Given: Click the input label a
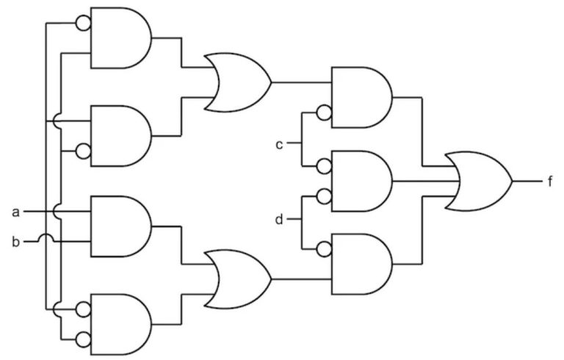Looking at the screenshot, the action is [x=15, y=212].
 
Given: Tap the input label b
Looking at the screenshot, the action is [x=15, y=242].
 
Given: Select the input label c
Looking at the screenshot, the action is [x=279, y=144].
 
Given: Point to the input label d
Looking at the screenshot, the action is [x=279, y=219].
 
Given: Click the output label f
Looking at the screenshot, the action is [x=549, y=181].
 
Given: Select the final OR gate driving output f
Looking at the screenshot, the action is [x=478, y=181].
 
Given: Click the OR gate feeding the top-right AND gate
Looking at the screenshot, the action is [x=237, y=82].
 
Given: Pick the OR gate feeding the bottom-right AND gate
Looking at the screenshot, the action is [x=237, y=279].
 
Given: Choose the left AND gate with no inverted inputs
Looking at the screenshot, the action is [x=121, y=226].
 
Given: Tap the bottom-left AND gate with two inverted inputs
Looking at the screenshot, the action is [x=121, y=325].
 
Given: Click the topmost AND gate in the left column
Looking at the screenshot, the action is [x=121, y=37].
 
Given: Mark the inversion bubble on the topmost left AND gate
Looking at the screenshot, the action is [x=83, y=24].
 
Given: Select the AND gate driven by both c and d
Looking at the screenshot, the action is [x=361, y=181].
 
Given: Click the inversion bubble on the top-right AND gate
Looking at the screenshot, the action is [x=324, y=112].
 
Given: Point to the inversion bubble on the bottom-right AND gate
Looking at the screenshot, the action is [x=324, y=249].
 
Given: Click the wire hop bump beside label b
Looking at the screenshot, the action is [x=46, y=237].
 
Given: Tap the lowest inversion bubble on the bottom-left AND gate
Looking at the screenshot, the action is [x=83, y=339].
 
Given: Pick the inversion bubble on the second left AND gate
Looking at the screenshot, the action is [x=83, y=151].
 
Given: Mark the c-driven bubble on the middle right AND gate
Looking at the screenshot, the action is [x=324, y=166].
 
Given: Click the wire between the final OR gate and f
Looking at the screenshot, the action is [x=527, y=181].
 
